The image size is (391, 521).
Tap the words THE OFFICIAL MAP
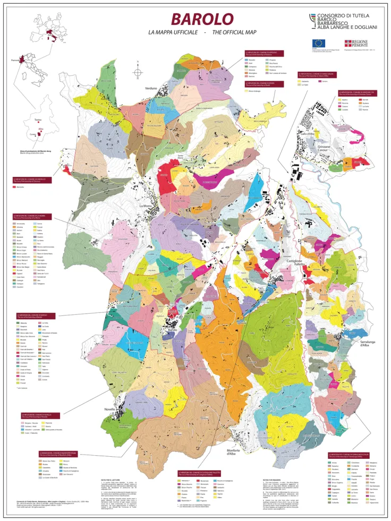point(233,33)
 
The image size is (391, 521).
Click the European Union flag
point(318,42)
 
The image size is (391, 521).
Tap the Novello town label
point(110,411)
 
